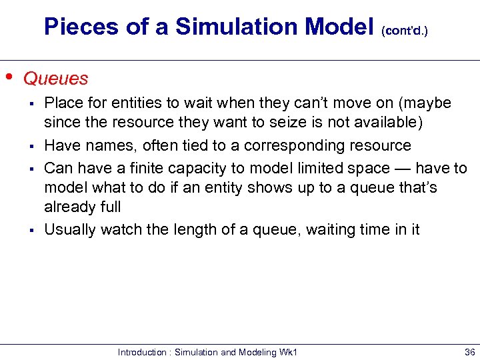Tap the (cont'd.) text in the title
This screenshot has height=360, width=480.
404,31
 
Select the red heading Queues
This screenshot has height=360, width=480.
55,79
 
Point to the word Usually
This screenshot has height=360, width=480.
69,230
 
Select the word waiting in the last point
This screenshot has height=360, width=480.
334,230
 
